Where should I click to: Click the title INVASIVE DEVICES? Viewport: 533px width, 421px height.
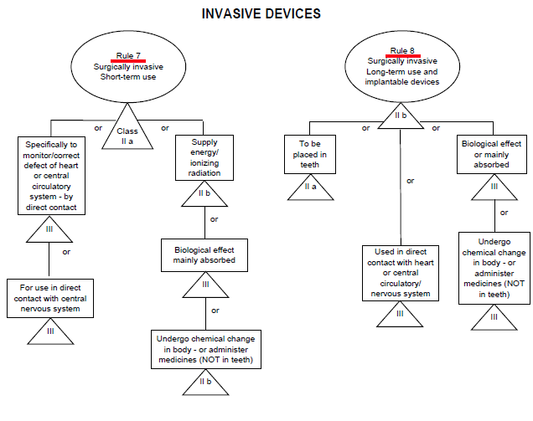pyautogui.click(x=261, y=14)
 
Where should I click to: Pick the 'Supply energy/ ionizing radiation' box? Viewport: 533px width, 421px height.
pyautogui.click(x=204, y=158)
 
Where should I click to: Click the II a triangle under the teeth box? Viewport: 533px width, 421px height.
pyautogui.click(x=311, y=187)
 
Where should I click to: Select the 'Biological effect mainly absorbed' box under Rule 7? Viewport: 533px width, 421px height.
pyautogui.click(x=205, y=254)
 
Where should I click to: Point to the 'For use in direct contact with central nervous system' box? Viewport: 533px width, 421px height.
pyautogui.click(x=51, y=298)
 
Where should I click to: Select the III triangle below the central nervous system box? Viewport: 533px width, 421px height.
pyautogui.click(x=51, y=332)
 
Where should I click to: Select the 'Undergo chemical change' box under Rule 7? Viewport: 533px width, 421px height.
pyautogui.click(x=205, y=349)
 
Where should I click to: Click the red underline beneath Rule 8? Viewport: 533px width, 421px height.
pyautogui.click(x=403, y=57)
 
